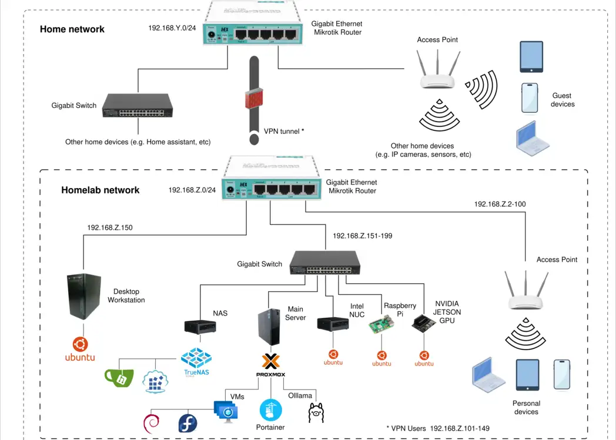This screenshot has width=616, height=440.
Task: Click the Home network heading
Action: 72,29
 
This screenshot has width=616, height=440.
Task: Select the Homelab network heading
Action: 101,190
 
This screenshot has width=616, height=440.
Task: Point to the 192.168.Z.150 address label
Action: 110,227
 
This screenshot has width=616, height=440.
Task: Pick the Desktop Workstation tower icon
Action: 82,297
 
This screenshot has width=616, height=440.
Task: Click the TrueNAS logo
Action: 196,361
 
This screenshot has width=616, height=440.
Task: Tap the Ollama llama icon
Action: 316,413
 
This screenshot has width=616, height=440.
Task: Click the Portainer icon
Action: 270,410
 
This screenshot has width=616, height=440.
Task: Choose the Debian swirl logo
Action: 152,422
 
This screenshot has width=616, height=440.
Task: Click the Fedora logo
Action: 188,423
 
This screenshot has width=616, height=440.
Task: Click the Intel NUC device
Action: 333,324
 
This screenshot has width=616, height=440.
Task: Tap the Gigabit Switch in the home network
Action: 138,106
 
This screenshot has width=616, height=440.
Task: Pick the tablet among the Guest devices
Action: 531,57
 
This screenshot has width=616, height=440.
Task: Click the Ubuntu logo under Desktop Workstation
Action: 80,350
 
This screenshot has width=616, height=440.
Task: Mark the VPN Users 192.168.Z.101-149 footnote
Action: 438,428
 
